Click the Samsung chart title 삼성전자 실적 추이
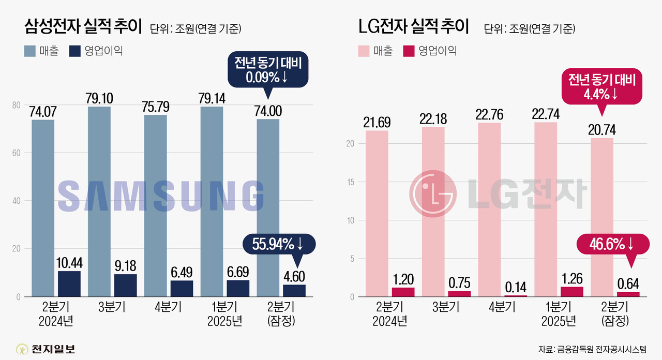click(x=83, y=27)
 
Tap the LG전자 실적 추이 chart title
click(x=413, y=27)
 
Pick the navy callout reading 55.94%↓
click(x=279, y=243)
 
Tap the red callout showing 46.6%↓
click(x=612, y=243)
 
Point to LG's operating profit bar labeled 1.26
click(x=572, y=292)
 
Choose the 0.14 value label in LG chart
click(x=516, y=286)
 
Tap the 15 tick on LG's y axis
click(x=350, y=182)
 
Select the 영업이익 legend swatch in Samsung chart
click(x=76, y=51)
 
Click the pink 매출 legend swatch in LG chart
click(x=364, y=51)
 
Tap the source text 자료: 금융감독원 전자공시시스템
click(x=592, y=349)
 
